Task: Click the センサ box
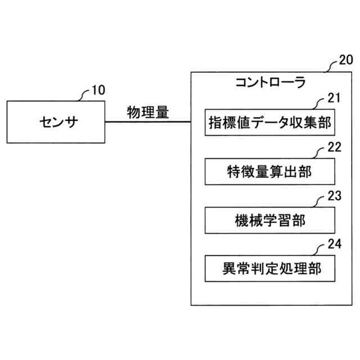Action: (56, 122)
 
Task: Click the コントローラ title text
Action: (270, 83)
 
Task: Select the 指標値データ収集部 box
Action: (270, 121)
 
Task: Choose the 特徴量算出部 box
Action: (270, 171)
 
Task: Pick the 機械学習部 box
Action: (270, 220)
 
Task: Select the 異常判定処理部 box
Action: (270, 269)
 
